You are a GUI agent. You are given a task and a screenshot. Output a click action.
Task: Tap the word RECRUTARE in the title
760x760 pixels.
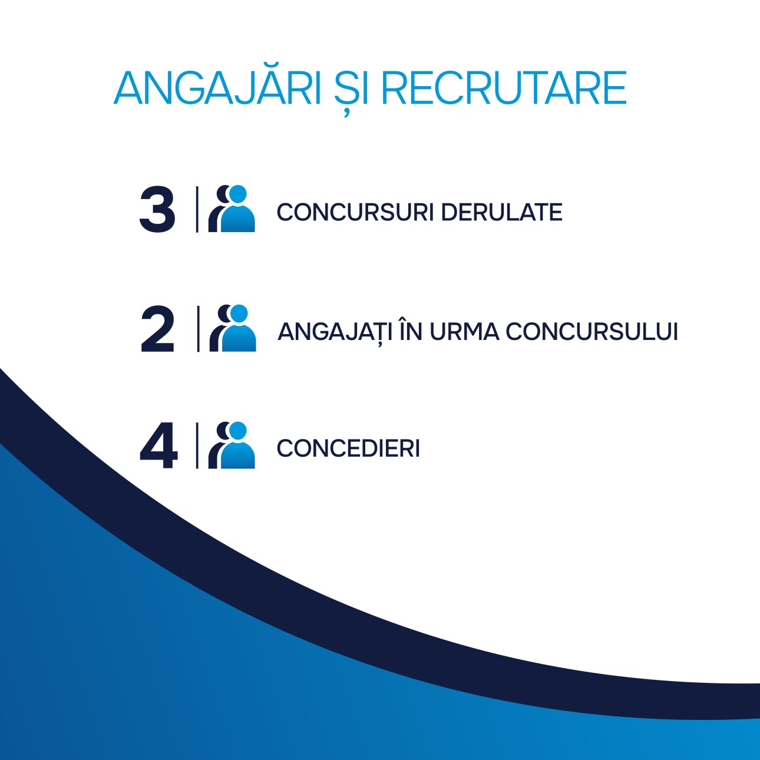coord(504,88)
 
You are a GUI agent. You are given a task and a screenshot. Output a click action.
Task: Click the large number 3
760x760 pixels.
coord(157,209)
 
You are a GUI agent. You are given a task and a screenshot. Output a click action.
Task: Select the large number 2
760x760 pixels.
coord(157,329)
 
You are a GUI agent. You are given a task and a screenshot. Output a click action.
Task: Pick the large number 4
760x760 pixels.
coord(158,445)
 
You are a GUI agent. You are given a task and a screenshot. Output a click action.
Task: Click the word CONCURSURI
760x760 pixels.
coord(355,212)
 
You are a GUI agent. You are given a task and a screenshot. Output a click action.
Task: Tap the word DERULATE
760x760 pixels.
coord(502,212)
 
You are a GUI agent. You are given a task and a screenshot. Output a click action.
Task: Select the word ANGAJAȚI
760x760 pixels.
coord(335,332)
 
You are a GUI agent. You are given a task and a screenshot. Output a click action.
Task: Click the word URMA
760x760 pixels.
coord(464,332)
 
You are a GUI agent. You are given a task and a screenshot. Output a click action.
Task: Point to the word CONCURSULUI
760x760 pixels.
coord(592,332)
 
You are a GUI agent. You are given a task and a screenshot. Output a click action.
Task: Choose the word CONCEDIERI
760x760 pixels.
coord(348,448)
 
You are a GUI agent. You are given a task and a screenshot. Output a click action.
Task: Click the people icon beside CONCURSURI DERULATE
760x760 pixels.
coord(232,209)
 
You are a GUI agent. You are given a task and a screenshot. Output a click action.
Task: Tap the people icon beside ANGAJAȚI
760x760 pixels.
coord(233,328)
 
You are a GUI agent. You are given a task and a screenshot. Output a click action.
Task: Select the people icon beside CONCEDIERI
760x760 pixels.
coord(232,445)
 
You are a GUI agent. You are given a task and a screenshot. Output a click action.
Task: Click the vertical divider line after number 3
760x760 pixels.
coord(197,209)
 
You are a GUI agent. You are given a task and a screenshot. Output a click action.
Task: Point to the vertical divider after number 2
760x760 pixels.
coord(198,329)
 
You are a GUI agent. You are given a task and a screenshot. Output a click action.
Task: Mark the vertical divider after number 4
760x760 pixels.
coord(197,445)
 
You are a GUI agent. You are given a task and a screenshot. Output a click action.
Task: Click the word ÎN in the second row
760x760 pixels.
coord(411,330)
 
